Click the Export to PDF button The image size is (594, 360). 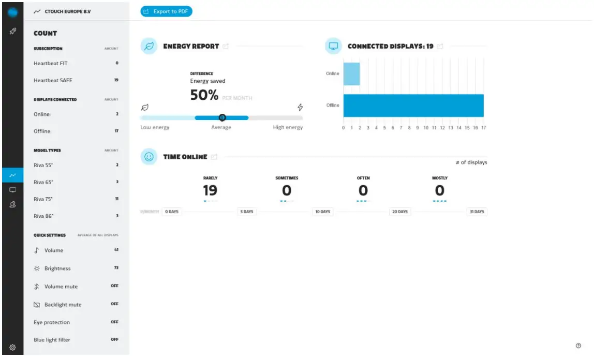[x=166, y=11]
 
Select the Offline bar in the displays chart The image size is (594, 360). [x=413, y=106]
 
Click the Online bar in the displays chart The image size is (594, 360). [x=351, y=73]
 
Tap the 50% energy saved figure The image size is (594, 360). [x=204, y=95]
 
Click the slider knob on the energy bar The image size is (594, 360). [x=222, y=117]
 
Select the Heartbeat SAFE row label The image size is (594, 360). [x=53, y=80]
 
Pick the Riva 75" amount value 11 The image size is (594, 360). [x=116, y=199]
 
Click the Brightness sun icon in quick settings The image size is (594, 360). [x=37, y=268]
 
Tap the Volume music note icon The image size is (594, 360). [x=37, y=250]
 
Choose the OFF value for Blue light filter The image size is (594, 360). [x=114, y=339]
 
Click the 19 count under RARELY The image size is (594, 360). [x=210, y=190]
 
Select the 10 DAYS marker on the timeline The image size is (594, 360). [x=322, y=212]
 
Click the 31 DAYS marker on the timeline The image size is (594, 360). [x=476, y=212]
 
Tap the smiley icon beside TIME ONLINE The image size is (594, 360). [x=149, y=157]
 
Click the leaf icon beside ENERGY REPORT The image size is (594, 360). [x=149, y=46]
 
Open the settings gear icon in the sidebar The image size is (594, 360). [x=13, y=347]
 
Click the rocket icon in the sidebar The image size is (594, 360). [x=13, y=32]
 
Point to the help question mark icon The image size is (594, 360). [x=578, y=346]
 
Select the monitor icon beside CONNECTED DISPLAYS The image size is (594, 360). [x=334, y=46]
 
